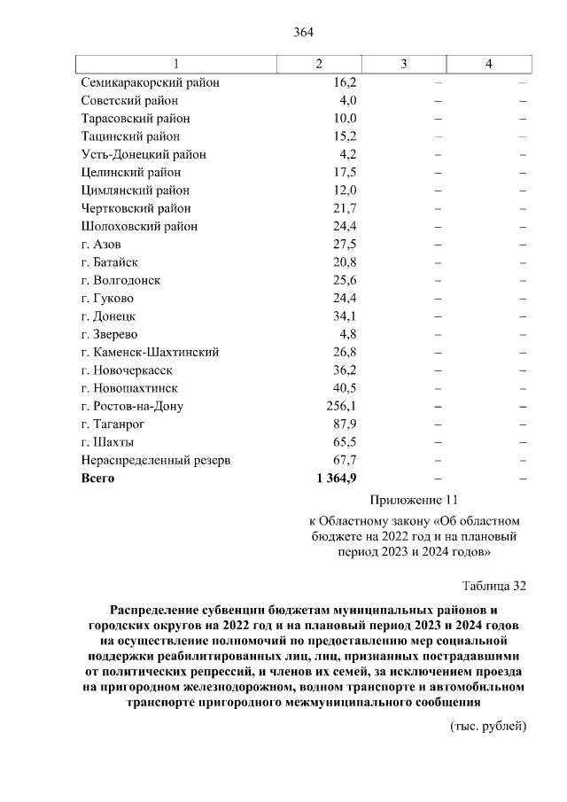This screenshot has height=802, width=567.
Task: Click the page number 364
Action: click(x=304, y=33)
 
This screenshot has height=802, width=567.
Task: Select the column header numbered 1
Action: click(x=176, y=65)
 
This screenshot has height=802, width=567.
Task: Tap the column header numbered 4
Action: click(x=488, y=65)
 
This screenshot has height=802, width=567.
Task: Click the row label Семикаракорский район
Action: click(x=150, y=82)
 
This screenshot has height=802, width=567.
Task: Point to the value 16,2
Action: click(x=342, y=82)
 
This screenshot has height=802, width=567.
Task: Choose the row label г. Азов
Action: click(x=102, y=244)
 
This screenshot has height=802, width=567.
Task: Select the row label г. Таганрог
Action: click(x=113, y=424)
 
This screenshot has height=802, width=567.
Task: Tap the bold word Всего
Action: click(x=98, y=479)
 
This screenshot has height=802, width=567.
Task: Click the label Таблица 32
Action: click(x=494, y=586)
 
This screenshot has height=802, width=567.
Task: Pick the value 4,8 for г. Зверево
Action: click(x=346, y=334)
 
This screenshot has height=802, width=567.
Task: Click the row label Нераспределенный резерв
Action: click(x=156, y=461)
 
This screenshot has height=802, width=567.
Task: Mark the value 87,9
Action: click(x=342, y=424)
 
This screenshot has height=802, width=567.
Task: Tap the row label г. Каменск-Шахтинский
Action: click(x=150, y=352)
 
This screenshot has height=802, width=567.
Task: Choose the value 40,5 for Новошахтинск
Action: click(x=342, y=388)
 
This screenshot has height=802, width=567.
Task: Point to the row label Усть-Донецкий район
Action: click(x=144, y=154)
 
